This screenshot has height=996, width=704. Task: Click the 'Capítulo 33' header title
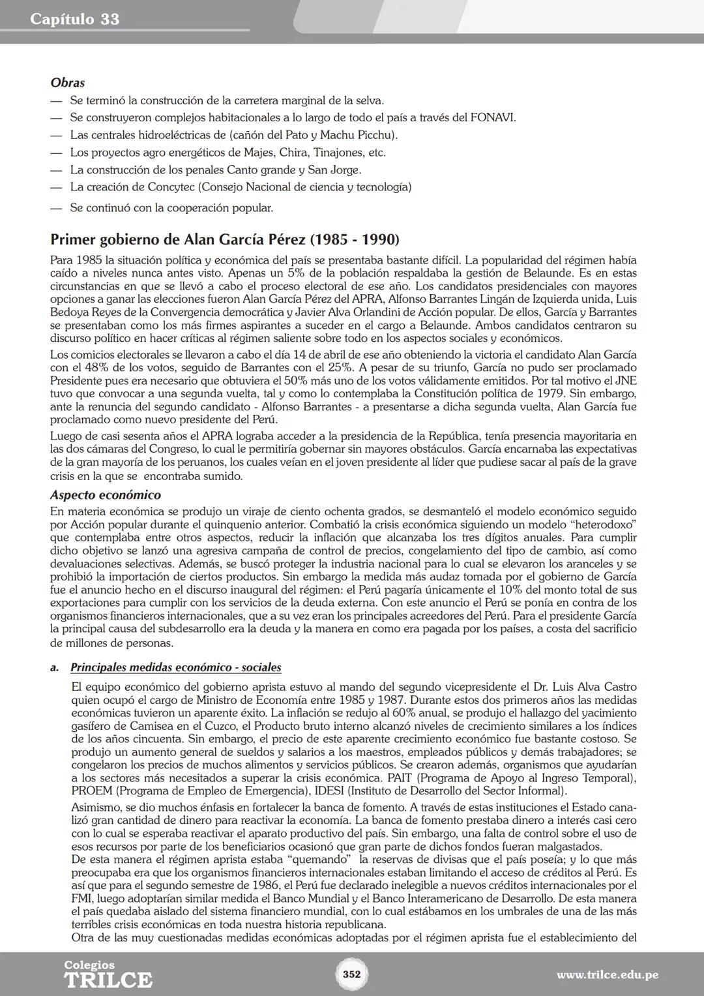click(74, 20)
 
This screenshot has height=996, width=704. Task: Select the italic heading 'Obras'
click(67, 83)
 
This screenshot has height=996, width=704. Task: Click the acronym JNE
click(626, 380)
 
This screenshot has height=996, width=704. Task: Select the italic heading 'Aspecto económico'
click(105, 495)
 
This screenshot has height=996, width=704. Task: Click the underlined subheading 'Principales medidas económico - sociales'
click(175, 667)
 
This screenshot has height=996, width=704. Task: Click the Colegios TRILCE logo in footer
click(108, 974)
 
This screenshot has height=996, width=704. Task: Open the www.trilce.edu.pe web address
click(607, 975)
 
